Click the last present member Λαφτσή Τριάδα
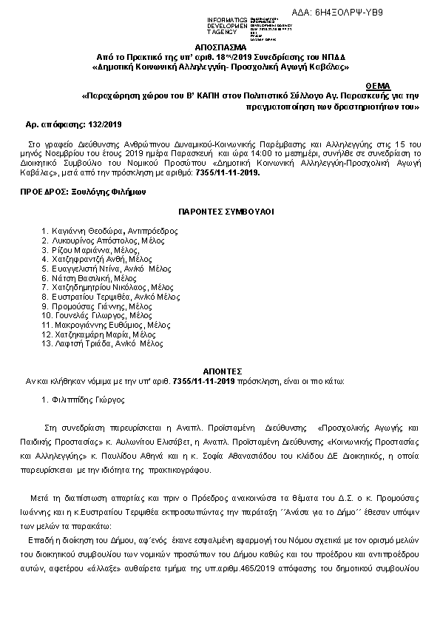click(81, 343)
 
